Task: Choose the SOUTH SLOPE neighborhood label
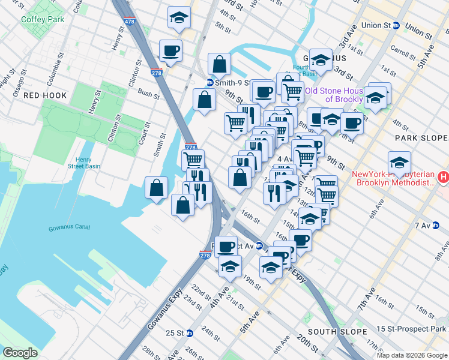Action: click(x=337, y=332)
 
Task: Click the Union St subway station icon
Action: click(x=396, y=26)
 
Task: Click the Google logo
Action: click(x=20, y=353)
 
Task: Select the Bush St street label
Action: click(x=148, y=94)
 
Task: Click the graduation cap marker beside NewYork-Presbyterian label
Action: click(x=399, y=162)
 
